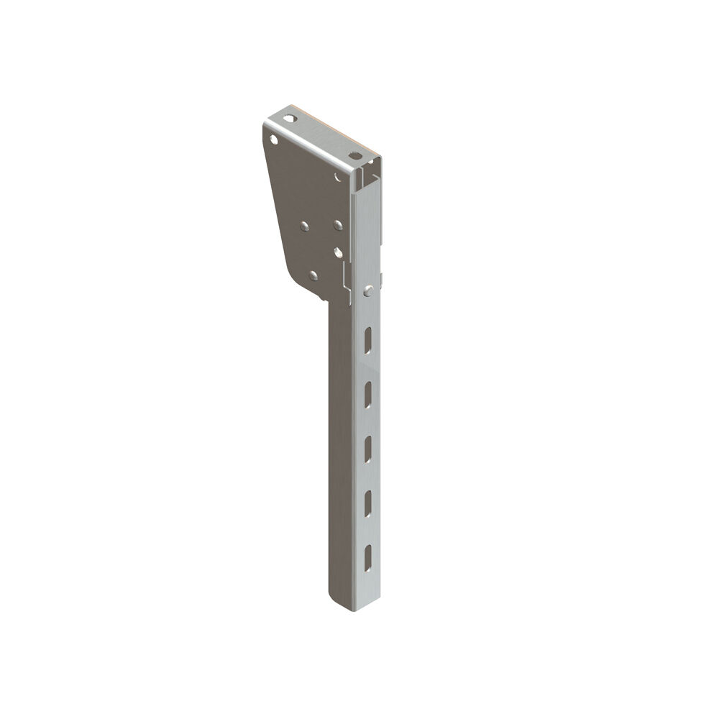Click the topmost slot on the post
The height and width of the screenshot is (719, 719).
(x=367, y=339)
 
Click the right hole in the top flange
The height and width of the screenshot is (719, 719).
(x=353, y=155)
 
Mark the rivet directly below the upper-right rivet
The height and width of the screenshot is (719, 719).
(x=337, y=252)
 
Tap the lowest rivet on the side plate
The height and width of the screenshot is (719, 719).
(x=312, y=274)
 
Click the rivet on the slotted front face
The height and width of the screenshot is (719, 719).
(x=368, y=290)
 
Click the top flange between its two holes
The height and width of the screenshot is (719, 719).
(x=321, y=137)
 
